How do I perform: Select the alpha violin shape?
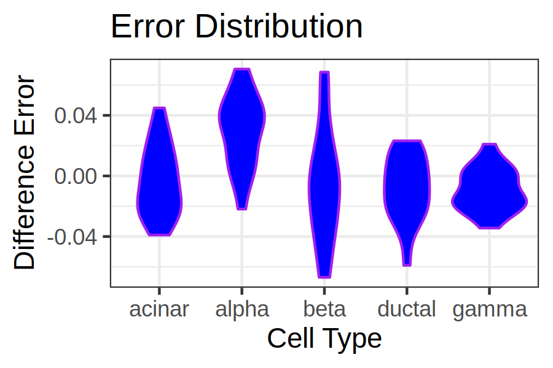pos(242,134)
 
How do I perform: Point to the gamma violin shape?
pos(490,190)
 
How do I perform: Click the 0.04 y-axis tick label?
pos(76,115)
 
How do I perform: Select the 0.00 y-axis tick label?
pos(76,176)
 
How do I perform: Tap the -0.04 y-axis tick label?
pos(72,237)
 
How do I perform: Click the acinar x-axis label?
pos(159,309)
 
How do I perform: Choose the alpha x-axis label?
pos(242,310)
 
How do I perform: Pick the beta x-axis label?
pos(324,309)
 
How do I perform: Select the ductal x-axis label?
pos(407,309)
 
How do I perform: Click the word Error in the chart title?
pos(147,27)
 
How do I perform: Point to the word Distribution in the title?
pos(278,27)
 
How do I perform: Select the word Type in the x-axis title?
pos(354,339)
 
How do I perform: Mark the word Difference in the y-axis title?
pos(25,207)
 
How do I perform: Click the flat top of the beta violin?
pos(324,72)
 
